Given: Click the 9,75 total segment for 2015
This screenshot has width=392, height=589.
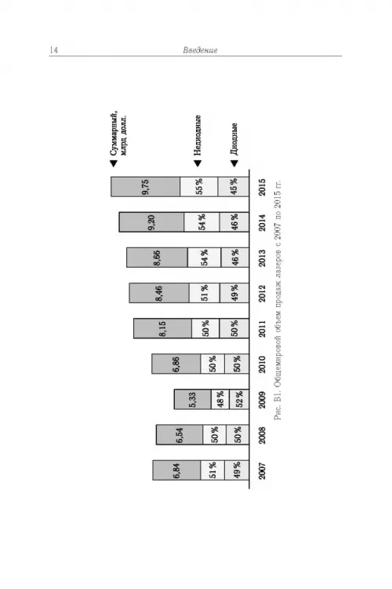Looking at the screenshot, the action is click(x=145, y=187).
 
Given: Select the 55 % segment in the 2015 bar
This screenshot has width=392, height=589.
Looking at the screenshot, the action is click(x=199, y=187).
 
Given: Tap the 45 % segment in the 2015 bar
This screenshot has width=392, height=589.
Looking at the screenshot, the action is click(x=234, y=187).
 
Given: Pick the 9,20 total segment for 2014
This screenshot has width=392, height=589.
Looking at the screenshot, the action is click(x=151, y=222).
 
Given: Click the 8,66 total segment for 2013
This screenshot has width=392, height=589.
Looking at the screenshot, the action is click(x=157, y=258).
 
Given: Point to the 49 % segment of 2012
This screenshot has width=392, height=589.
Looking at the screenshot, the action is click(x=234, y=293).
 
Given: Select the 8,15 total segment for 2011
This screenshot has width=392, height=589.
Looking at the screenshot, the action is click(x=162, y=328).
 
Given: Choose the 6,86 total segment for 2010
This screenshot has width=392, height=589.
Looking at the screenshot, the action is click(x=176, y=364).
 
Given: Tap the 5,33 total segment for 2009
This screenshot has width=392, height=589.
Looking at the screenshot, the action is click(x=192, y=399).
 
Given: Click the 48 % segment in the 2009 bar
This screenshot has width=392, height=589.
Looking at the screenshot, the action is click(x=220, y=399).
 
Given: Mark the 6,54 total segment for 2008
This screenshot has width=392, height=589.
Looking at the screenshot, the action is click(x=180, y=434).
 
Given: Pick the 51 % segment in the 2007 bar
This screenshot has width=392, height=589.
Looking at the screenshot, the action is click(x=212, y=470).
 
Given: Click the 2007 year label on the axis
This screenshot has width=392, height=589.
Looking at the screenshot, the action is click(x=262, y=471).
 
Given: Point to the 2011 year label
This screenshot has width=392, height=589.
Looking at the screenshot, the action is click(x=262, y=329).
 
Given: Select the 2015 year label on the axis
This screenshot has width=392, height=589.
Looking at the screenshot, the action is click(x=262, y=187).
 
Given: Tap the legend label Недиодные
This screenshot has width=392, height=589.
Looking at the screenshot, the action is click(x=198, y=135).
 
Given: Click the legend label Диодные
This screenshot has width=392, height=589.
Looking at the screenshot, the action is click(x=234, y=139).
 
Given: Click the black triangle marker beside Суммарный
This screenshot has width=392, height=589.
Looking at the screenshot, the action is click(x=113, y=163).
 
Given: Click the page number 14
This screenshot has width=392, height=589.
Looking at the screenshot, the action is click(x=53, y=50).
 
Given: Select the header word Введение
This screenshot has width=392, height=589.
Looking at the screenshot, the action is click(x=201, y=50).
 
